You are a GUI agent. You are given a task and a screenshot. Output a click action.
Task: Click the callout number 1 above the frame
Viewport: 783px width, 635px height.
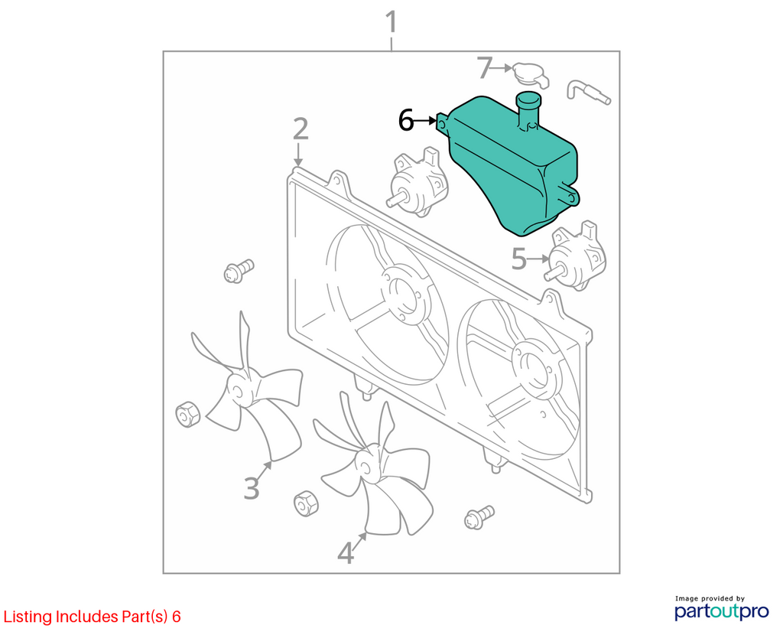[392, 22]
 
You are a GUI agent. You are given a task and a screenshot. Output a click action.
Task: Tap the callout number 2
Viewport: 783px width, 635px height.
[301, 129]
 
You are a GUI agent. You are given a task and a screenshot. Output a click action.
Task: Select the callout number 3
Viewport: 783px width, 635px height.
[252, 488]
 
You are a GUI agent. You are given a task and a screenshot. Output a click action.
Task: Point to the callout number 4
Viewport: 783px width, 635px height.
[346, 554]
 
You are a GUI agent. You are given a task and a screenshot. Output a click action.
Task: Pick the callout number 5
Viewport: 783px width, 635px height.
[519, 259]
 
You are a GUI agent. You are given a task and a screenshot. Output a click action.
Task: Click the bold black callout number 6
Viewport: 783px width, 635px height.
[406, 120]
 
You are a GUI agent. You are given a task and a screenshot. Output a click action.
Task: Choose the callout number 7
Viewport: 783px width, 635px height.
[484, 68]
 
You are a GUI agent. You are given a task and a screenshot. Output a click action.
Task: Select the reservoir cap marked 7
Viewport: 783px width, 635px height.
[531, 75]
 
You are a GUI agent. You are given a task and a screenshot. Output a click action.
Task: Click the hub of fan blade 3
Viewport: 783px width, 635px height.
[239, 389]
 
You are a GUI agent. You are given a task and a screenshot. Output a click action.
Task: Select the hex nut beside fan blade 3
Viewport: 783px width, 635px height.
[188, 414]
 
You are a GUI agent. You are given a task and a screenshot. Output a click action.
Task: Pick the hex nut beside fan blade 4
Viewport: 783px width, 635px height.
[306, 503]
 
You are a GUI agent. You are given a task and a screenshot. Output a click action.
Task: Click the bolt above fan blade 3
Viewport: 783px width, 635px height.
[239, 271]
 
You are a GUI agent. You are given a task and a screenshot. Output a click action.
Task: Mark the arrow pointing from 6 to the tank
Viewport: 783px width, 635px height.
[426, 120]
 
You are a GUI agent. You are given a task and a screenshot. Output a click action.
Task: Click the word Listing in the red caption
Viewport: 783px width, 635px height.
[28, 617]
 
